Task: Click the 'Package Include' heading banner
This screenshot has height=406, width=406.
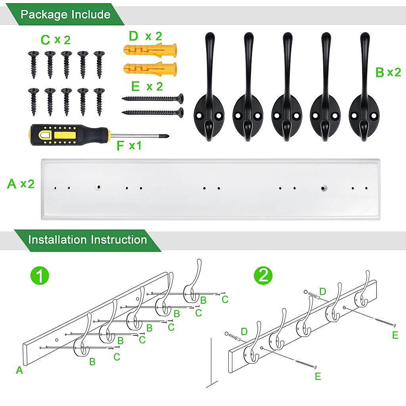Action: [65, 15]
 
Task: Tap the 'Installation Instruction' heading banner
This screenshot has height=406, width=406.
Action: [87, 240]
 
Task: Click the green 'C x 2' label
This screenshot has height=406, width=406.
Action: [56, 40]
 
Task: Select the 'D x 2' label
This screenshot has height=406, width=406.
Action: [145, 36]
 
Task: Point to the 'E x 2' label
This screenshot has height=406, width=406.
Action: [146, 86]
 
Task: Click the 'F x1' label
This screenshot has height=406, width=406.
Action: [129, 146]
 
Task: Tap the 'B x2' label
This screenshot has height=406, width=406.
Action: [388, 72]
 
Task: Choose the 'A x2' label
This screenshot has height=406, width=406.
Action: [21, 184]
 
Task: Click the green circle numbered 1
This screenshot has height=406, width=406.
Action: [40, 275]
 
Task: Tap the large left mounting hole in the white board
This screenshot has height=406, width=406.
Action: [98, 187]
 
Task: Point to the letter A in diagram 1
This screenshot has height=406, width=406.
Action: [19, 370]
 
